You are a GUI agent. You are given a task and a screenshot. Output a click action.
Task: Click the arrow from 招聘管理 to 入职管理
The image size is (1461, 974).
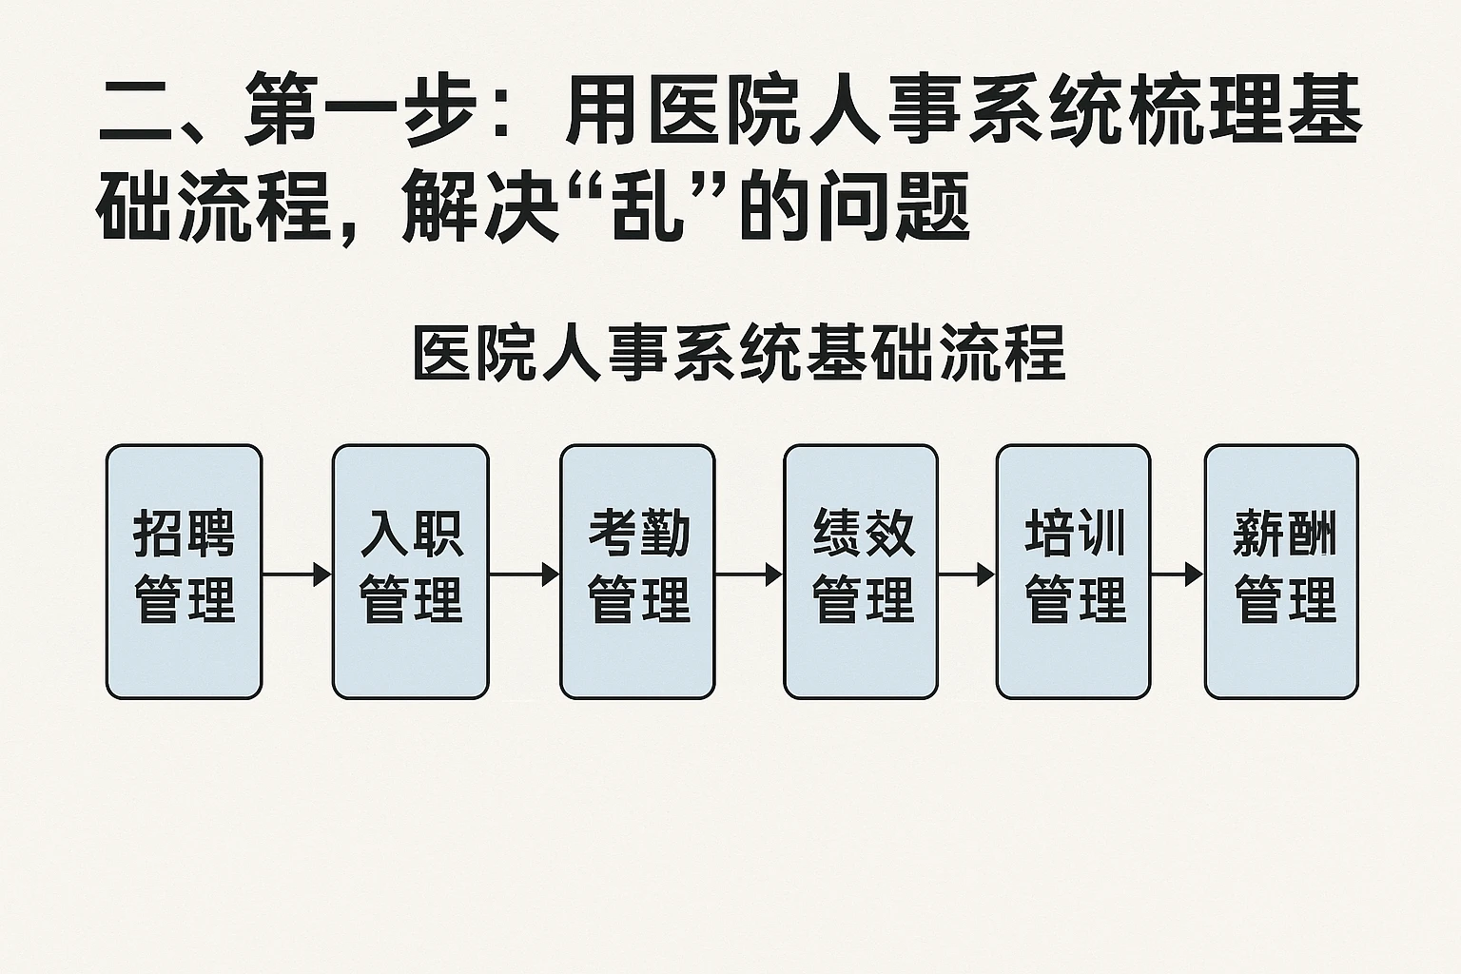click(297, 575)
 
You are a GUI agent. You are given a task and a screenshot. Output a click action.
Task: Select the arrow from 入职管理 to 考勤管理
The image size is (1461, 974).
click(524, 575)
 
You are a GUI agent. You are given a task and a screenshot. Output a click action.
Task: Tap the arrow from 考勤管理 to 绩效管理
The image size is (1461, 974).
click(749, 575)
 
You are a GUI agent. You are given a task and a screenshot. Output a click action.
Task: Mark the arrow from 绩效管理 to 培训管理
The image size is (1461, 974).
click(966, 575)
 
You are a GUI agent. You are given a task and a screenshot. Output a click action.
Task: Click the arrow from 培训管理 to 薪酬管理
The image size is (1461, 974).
click(1177, 575)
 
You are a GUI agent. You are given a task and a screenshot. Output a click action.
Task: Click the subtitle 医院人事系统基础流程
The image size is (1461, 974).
click(739, 354)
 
